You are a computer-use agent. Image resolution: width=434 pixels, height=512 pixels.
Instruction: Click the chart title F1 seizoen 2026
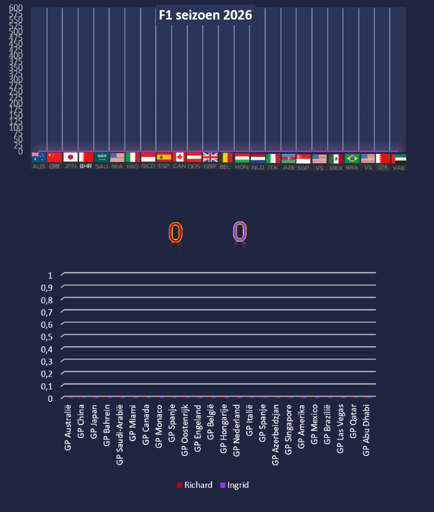coord(205,16)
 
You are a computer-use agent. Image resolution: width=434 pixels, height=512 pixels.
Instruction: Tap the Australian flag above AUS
coord(39,157)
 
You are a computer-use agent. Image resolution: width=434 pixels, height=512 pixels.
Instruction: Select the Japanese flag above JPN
coord(70,157)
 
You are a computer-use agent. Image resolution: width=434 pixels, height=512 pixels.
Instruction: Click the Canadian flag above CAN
coord(179,157)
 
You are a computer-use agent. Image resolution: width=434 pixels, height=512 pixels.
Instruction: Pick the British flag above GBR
coord(210,157)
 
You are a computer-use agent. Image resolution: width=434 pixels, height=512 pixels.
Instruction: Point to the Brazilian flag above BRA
coord(352,158)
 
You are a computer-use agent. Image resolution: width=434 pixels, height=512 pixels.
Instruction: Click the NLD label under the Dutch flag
coord(258,167)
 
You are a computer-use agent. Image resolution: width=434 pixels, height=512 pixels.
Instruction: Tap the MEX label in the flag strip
coord(336,167)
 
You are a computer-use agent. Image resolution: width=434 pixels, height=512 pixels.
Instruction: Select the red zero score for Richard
coord(176,233)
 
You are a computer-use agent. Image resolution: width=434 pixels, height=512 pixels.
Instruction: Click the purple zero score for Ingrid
coord(239,232)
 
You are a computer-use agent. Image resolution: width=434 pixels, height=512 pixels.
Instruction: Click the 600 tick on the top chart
coord(16,8)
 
